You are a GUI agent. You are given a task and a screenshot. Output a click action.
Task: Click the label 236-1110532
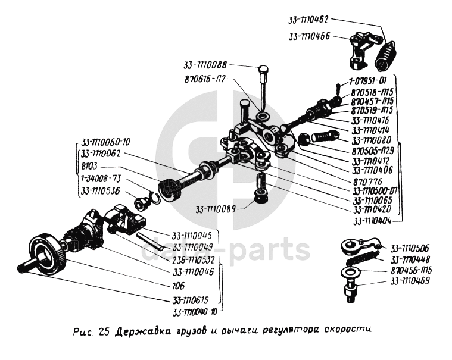[194, 259]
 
